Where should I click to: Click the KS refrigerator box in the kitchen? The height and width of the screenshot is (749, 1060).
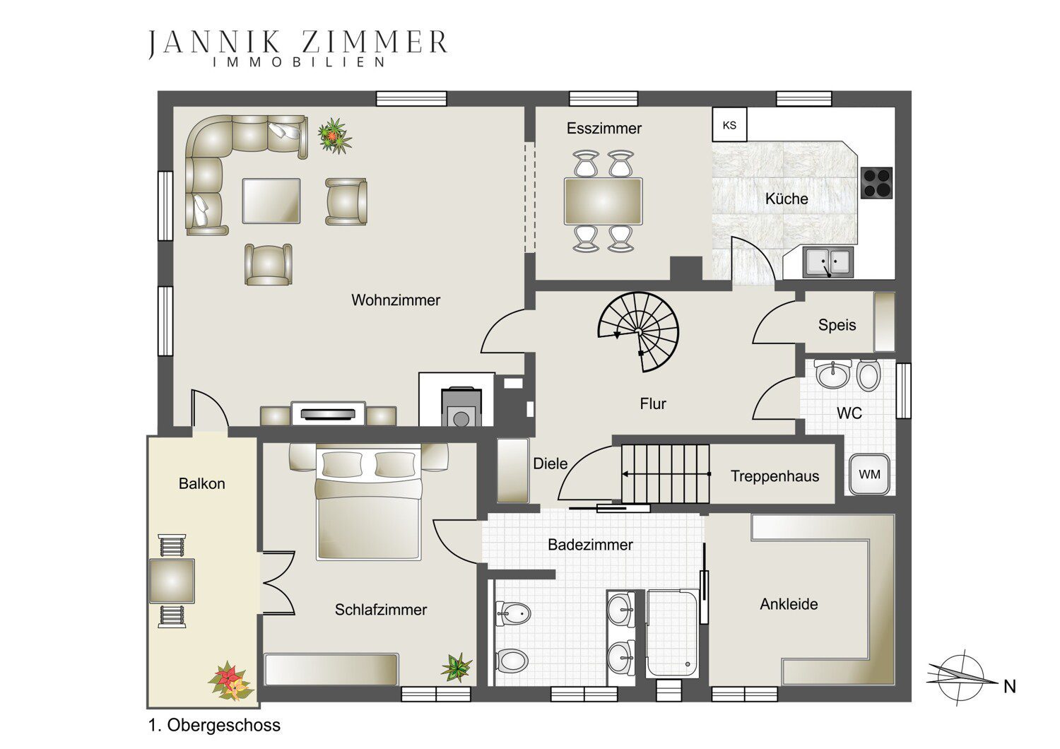pos(729,124)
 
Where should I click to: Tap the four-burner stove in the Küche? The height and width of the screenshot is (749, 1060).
pos(876,182)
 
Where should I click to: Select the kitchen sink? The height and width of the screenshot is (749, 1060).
pos(828,262)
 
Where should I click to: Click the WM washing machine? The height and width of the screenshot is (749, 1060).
pos(869,474)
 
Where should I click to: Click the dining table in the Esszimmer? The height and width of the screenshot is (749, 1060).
pos(603,201)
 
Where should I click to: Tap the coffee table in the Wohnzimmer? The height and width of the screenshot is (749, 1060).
pos(271,201)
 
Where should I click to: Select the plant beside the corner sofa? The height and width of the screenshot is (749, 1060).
pos(334,136)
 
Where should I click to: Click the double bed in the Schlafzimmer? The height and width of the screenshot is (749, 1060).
pos(368,502)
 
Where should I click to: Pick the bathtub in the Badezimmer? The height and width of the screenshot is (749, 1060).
pos(672,632)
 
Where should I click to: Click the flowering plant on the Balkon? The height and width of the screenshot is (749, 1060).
pos(231,681)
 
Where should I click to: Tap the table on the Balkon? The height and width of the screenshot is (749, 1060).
pos(172,581)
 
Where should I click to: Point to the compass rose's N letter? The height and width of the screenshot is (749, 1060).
pos(1009,687)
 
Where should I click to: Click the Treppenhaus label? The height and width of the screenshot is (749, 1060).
pos(775,476)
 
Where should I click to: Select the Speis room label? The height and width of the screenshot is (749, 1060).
pos(837,325)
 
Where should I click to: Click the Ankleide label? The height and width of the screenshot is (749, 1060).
pos(789,603)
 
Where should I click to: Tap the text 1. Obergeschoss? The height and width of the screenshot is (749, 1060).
pos(214,725)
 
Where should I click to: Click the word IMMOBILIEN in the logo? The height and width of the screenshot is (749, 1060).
pos(299,62)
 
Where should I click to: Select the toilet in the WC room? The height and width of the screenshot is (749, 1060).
pos(868,376)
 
